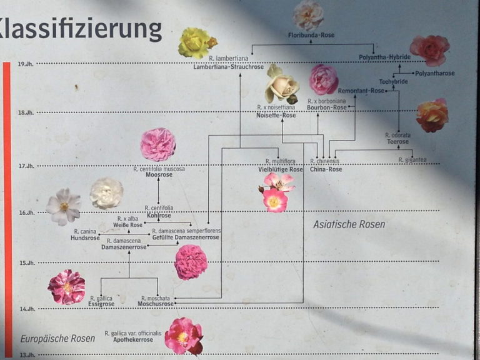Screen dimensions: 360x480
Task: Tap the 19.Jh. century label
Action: coord(26,63)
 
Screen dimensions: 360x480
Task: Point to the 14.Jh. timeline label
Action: coord(26,309)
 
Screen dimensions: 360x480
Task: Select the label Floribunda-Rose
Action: coord(311,35)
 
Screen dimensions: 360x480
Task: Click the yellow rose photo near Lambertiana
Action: coord(196,42)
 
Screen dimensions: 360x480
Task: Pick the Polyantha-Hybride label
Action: coord(385,57)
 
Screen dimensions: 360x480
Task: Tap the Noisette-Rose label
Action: coord(276,115)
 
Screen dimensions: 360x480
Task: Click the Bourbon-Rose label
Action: coord(326,107)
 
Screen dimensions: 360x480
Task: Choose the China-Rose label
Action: coord(326,169)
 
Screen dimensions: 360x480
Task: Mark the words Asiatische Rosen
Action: coord(349,224)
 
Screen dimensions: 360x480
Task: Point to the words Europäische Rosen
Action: coord(57,339)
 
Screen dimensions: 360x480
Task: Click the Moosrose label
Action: coord(159,175)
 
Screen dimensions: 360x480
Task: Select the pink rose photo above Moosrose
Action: coord(157,144)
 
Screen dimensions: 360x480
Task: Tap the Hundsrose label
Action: coord(85,238)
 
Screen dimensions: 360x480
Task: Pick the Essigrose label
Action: coord(101,304)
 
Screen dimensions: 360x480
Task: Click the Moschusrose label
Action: coord(154,304)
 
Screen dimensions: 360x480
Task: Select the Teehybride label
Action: coord(393,82)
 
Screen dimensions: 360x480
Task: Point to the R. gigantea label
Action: coord(412,160)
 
